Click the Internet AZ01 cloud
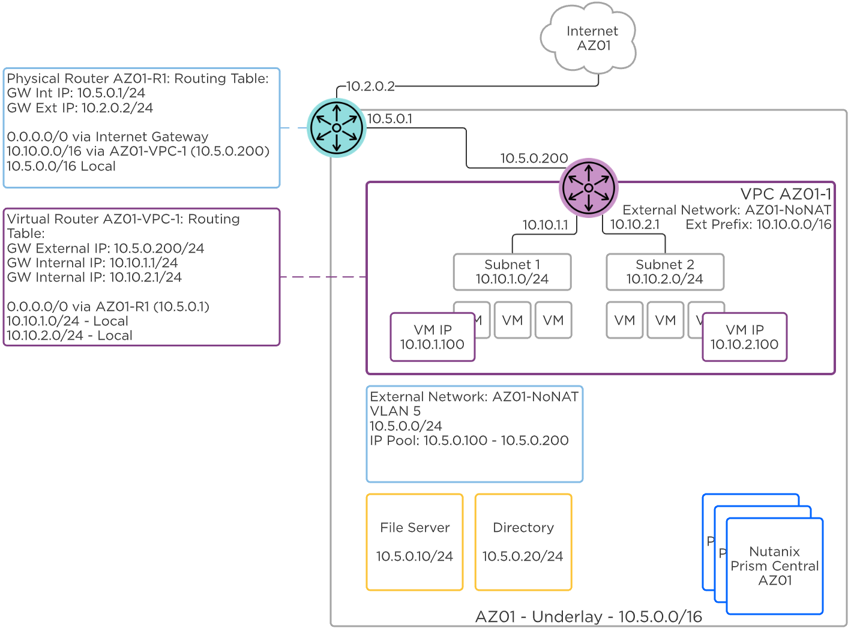tap(591, 38)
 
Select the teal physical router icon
tap(337, 128)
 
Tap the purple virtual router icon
tap(588, 188)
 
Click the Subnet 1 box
tap(512, 272)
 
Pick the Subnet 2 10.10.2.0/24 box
tap(664, 272)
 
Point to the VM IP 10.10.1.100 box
tap(432, 337)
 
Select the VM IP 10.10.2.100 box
tap(744, 337)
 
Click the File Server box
tap(415, 542)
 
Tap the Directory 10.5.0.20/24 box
tap(523, 542)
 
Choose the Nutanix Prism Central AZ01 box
tap(774, 566)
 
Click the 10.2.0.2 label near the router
tap(370, 86)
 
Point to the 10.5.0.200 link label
tap(534, 159)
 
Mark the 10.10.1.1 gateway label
tap(545, 225)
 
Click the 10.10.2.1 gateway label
tap(634, 225)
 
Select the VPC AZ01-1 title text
tap(785, 194)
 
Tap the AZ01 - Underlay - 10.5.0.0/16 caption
tap(588, 617)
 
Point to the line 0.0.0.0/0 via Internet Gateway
tap(107, 137)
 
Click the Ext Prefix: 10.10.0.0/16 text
tap(758, 225)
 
